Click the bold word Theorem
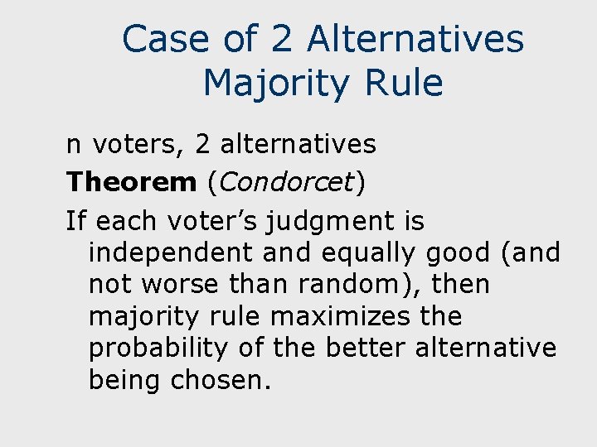click(131, 182)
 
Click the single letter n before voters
click(74, 145)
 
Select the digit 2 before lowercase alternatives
click(202, 145)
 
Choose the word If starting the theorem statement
click(76, 221)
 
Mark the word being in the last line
click(125, 380)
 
